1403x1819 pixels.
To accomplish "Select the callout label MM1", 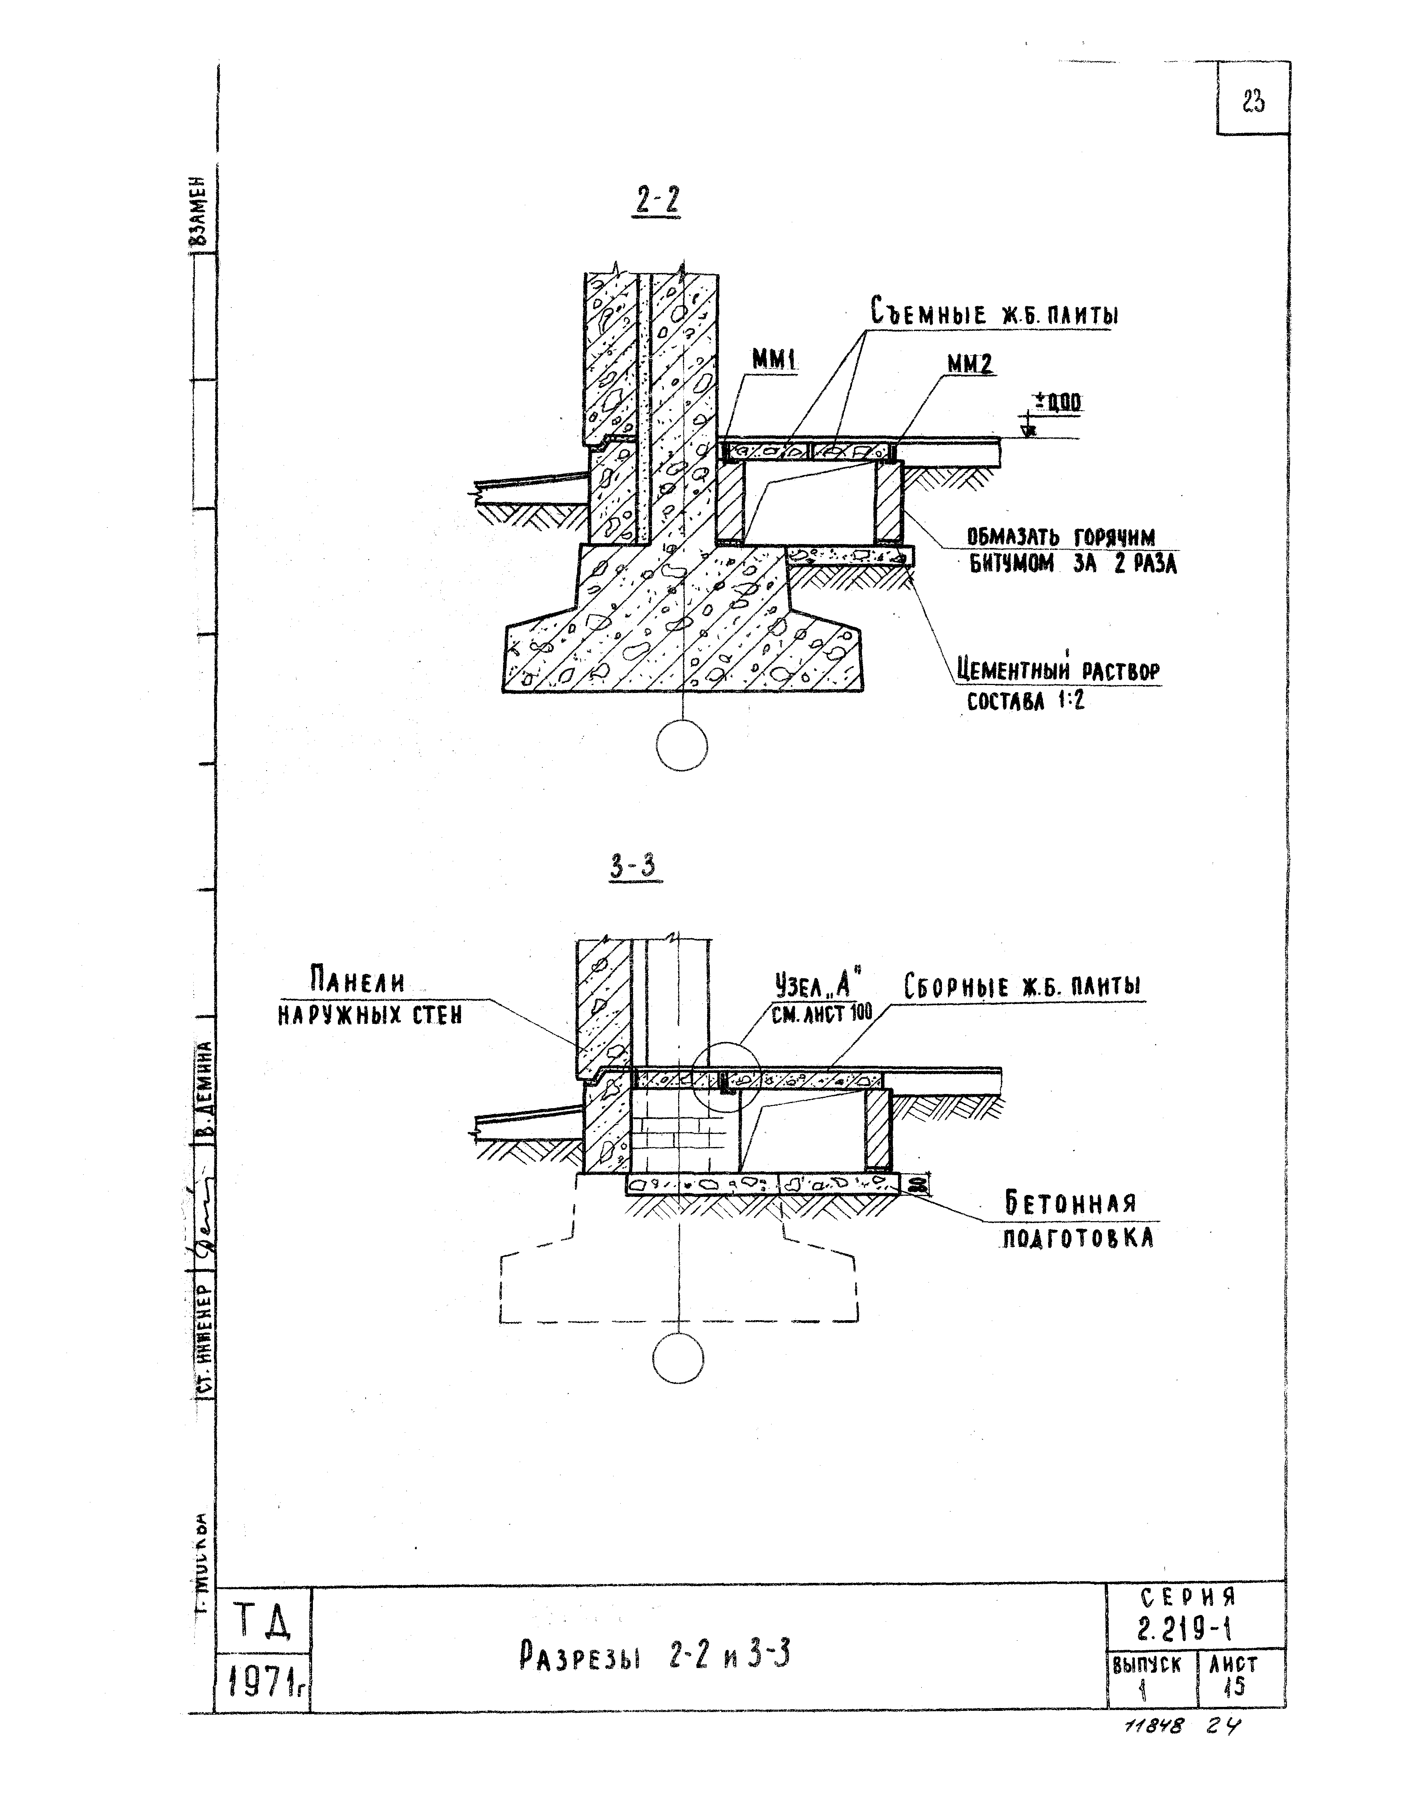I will pos(774,360).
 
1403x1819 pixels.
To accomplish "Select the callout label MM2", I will pos(970,364).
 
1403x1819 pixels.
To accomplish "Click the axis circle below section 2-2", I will pos(681,745).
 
